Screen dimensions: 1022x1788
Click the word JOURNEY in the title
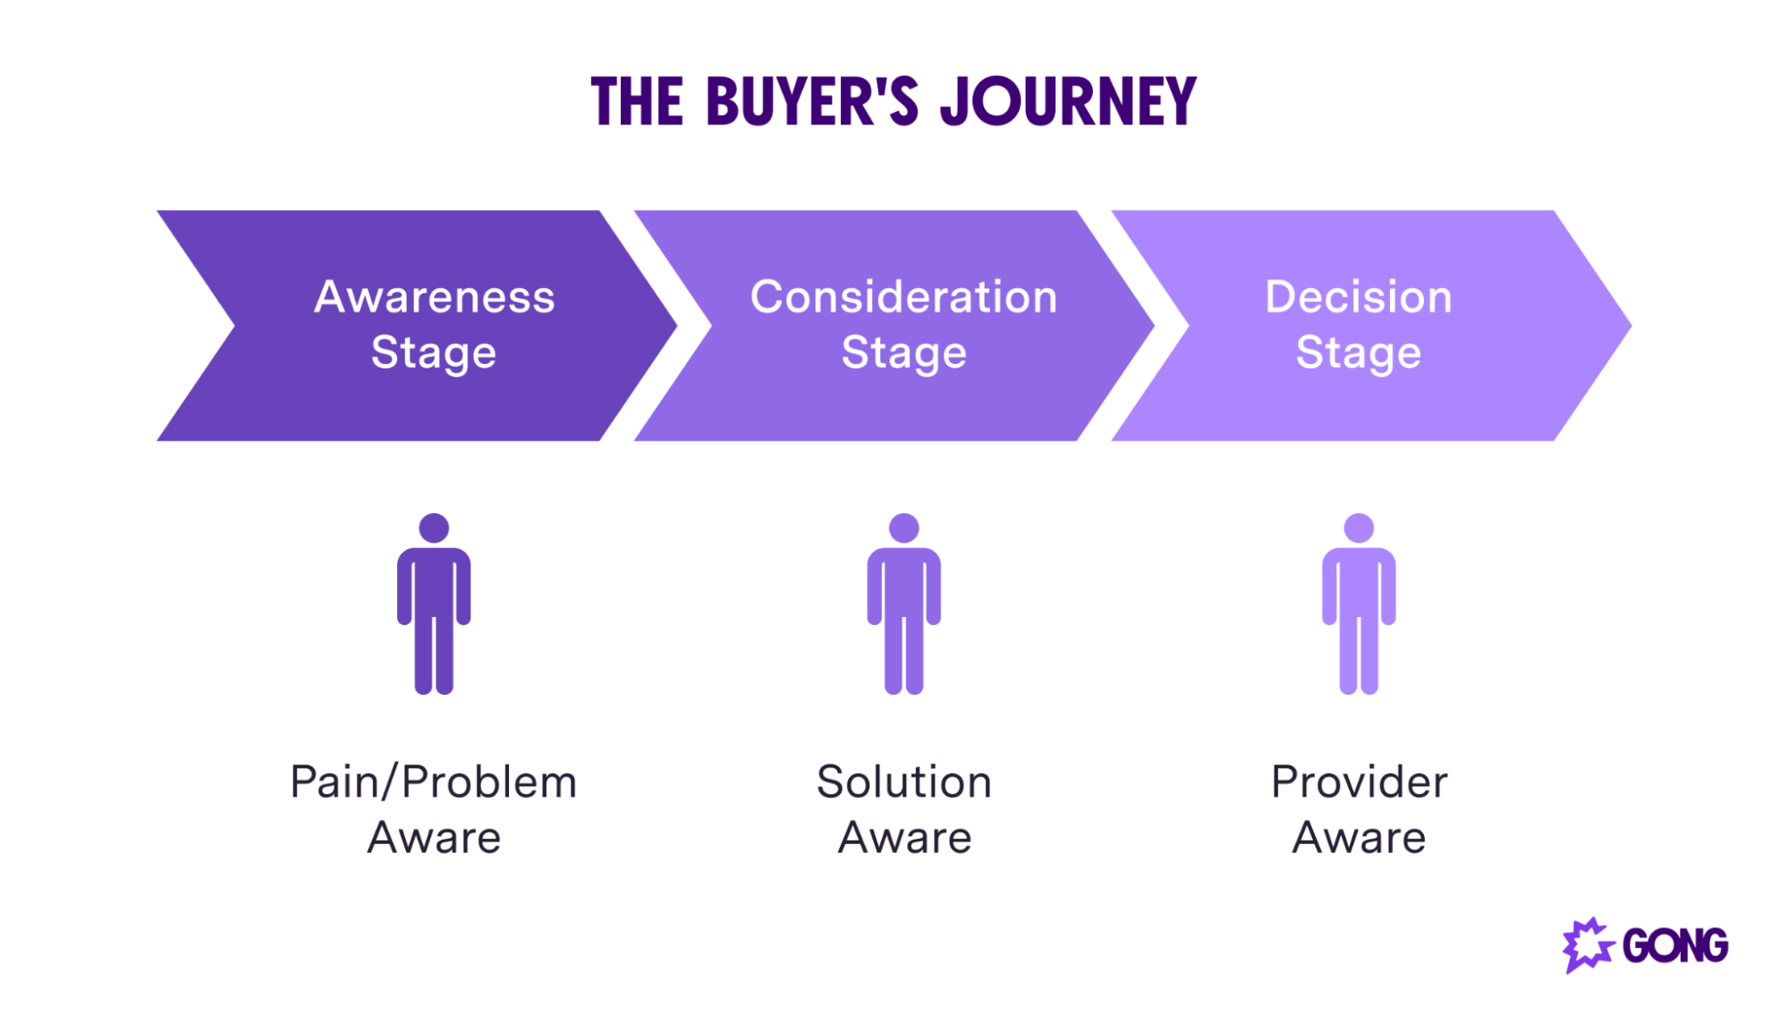click(x=1068, y=101)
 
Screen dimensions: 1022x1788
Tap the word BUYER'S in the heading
click(x=811, y=101)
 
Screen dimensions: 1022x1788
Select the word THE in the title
click(x=637, y=101)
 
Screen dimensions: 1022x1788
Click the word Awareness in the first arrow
click(x=434, y=297)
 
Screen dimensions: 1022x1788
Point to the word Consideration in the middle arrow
click(x=903, y=297)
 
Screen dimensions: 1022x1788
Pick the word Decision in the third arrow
click(x=1358, y=297)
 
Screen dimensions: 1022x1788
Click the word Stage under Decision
click(x=1358, y=352)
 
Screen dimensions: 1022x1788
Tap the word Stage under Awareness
click(x=434, y=352)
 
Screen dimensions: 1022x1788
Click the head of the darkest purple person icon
click(x=434, y=528)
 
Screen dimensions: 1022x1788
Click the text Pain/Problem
click(x=434, y=782)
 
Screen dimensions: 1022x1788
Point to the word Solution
click(x=903, y=782)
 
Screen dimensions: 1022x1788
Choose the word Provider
click(x=1359, y=782)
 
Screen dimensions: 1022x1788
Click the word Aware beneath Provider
click(x=1359, y=838)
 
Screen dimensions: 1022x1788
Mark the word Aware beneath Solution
click(x=904, y=838)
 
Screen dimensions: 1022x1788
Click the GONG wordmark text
click(x=1674, y=946)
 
